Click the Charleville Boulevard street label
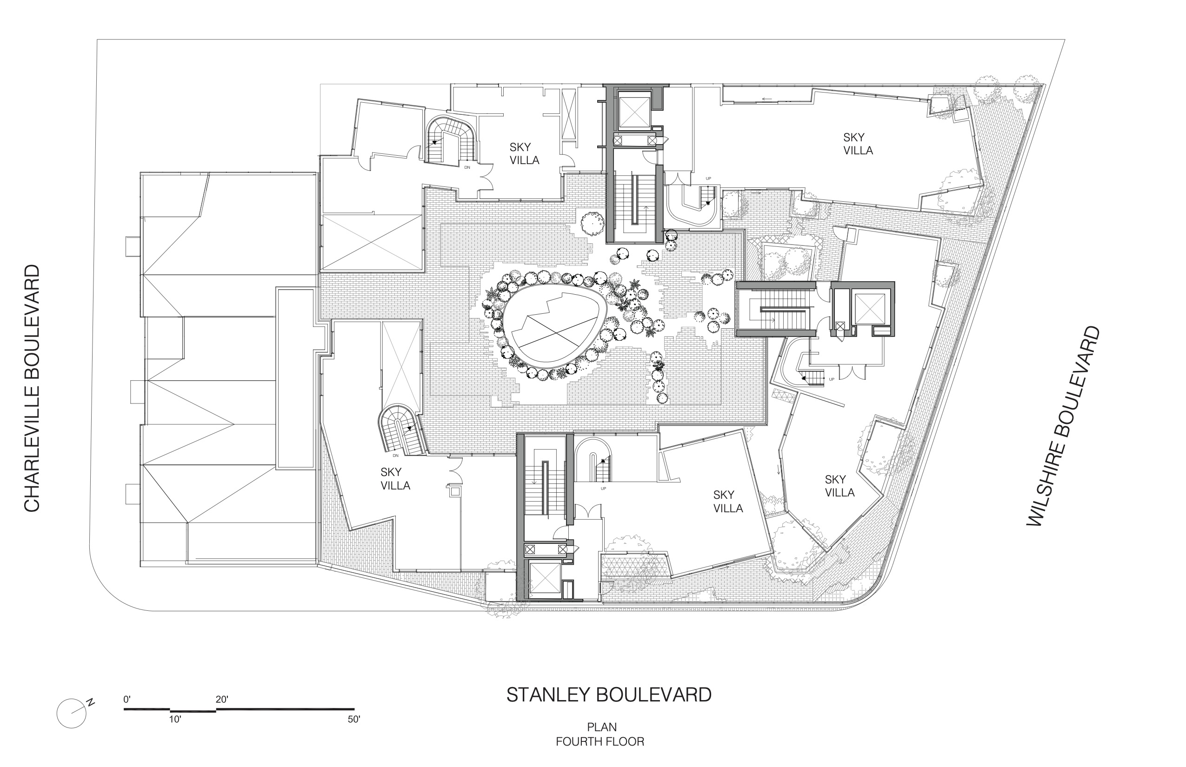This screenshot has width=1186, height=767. pyautogui.click(x=32, y=388)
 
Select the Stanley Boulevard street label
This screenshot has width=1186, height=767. pyautogui.click(x=609, y=695)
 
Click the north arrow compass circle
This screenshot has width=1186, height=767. pyautogui.click(x=72, y=714)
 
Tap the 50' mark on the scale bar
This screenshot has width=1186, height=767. pyautogui.click(x=353, y=719)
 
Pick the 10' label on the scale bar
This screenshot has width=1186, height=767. pyautogui.click(x=175, y=719)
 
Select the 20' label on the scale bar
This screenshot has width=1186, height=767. pyautogui.click(x=222, y=700)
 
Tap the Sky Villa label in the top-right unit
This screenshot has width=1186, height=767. pyautogui.click(x=858, y=144)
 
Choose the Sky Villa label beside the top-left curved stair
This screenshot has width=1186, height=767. pyautogui.click(x=524, y=153)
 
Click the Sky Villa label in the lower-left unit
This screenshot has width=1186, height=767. pyautogui.click(x=395, y=479)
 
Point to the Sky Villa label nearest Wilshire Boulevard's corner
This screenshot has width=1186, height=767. pyautogui.click(x=840, y=486)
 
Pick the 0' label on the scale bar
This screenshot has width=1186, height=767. pyautogui.click(x=127, y=700)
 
